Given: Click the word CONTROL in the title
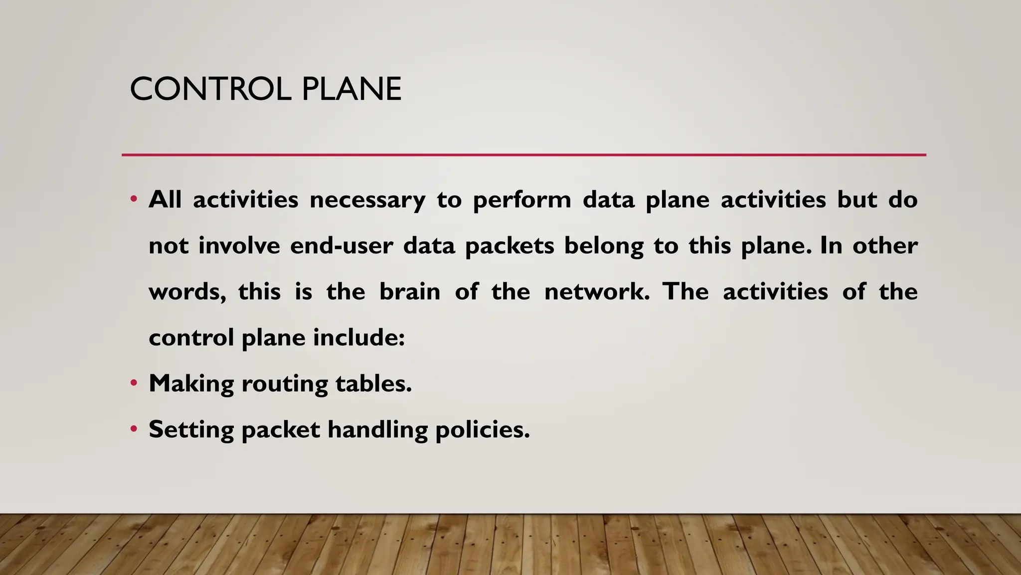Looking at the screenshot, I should coord(210,89).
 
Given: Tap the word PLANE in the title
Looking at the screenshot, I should coord(351,89).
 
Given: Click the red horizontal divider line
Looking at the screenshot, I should coord(523,155).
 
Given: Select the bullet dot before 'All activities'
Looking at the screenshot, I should coord(133,200).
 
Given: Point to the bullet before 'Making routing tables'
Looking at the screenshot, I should coord(133,383).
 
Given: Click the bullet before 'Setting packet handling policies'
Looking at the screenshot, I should coord(133,429).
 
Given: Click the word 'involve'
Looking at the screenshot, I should coord(239,246).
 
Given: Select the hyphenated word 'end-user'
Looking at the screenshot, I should coord(341,246).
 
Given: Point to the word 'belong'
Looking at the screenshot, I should coord(604,246).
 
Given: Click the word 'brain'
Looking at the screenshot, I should coord(410,292).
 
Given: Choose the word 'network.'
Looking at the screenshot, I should coord(597,292).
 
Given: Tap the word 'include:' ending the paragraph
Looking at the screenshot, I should coord(359,338).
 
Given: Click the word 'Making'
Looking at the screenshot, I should coord(191,384).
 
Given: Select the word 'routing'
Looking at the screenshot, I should coord(284,384).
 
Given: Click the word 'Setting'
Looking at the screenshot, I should coord(191,430).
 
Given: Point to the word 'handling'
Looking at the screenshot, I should coord(377,430).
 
